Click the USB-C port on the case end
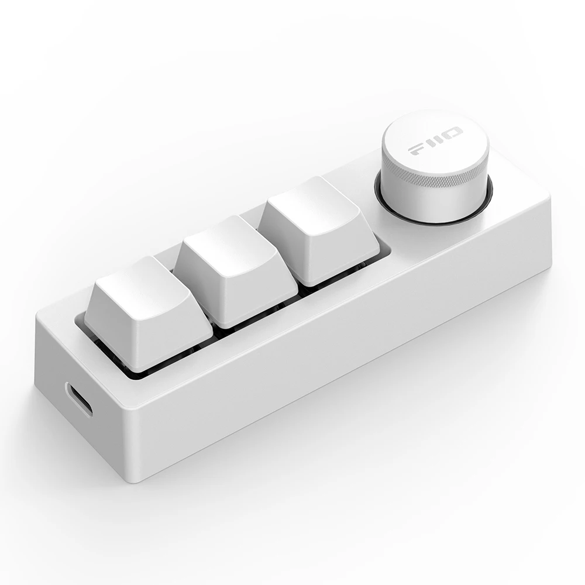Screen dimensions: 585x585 point(79,400)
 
